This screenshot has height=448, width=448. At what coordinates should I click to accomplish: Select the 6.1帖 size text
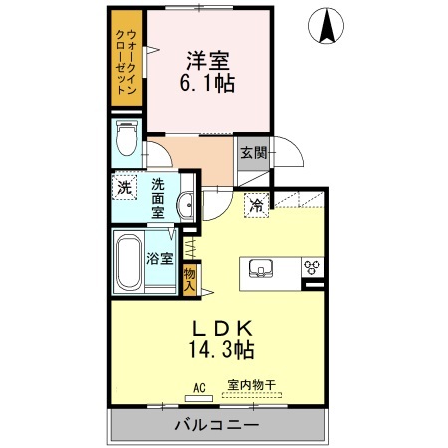(208, 85)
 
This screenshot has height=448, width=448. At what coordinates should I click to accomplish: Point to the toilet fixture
(125, 138)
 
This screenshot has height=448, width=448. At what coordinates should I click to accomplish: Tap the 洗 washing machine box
(124, 187)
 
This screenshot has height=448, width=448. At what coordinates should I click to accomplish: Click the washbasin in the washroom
(184, 205)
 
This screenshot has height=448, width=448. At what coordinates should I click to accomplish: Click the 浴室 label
(160, 257)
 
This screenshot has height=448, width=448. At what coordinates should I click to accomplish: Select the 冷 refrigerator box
(257, 206)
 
